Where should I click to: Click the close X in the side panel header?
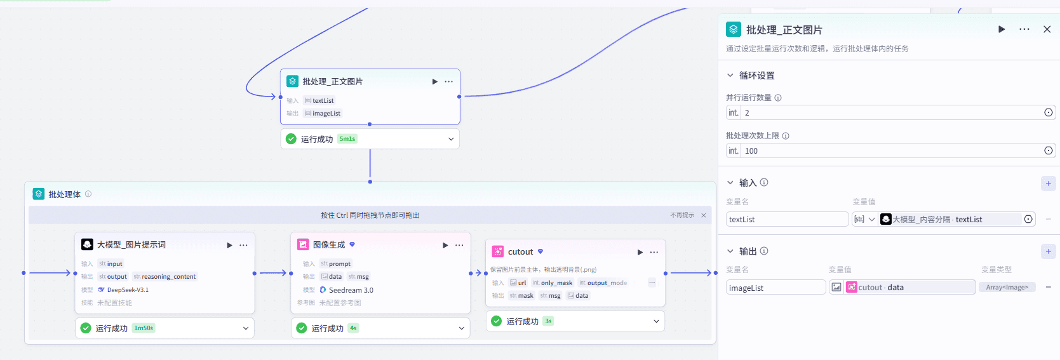point(1047,29)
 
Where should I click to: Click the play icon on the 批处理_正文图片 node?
point(434,81)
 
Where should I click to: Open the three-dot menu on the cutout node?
point(654,252)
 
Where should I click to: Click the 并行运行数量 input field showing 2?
point(889,113)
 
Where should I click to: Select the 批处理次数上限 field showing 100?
point(889,151)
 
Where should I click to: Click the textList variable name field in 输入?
point(786,220)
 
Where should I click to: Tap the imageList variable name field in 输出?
point(775,288)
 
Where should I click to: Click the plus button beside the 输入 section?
point(1048,183)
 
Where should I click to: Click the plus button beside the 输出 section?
point(1048,251)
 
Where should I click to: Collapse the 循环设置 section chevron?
point(730,76)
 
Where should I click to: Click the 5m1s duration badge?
point(347,139)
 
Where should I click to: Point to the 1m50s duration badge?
point(144,328)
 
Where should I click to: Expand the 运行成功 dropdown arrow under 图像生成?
point(462,328)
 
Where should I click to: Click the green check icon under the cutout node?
point(497,321)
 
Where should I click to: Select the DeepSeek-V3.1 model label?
point(128,290)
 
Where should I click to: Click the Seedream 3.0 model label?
point(351,290)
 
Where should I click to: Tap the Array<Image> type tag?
point(1007,288)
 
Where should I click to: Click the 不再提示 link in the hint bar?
point(682,215)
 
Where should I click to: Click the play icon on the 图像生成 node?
point(445,245)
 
